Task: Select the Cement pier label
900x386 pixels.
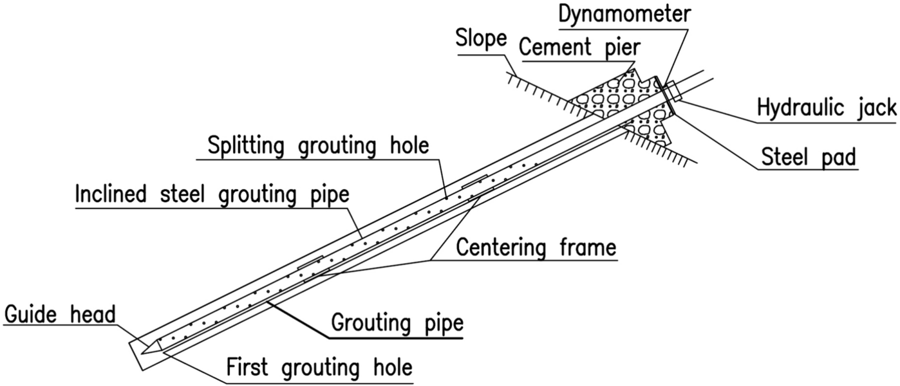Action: (x=583, y=49)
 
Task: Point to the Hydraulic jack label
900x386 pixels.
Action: (x=827, y=108)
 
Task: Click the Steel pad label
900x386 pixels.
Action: (x=809, y=156)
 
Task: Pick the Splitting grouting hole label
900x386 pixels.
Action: (x=317, y=146)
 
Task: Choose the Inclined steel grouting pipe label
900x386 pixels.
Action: (x=212, y=194)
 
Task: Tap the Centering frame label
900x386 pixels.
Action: (x=536, y=247)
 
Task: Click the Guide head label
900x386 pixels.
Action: (x=59, y=315)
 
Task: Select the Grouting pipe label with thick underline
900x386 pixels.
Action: (x=397, y=323)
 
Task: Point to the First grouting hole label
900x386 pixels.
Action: (x=319, y=368)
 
